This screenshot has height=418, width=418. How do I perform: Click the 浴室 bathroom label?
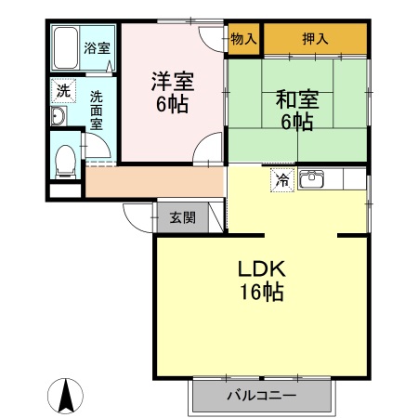coord(96,48)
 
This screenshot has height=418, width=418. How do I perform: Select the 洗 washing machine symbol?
coord(62,91)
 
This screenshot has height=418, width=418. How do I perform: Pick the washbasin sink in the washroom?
coord(57,115)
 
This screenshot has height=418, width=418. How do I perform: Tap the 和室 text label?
coord(296,98)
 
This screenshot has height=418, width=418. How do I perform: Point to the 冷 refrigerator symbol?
coord(281,180)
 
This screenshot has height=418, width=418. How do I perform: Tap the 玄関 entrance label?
coord(182,218)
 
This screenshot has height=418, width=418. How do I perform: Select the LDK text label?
coord(260,269)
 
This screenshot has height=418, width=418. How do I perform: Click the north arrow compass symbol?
coord(66,397)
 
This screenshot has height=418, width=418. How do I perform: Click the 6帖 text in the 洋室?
coord(172,104)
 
